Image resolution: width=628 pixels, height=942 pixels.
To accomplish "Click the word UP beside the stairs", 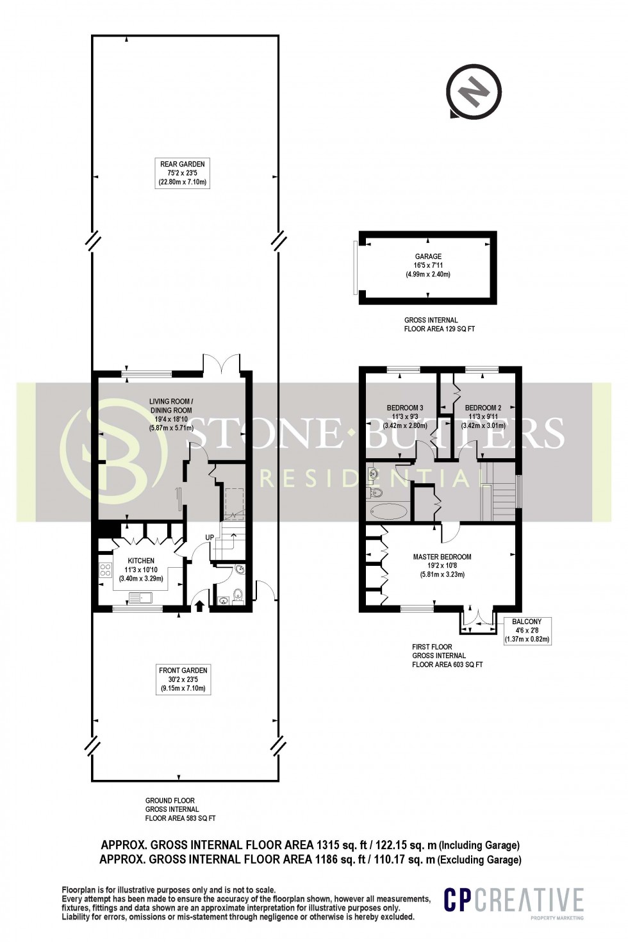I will (x=209, y=537).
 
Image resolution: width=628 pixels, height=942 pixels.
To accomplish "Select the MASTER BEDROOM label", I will (x=442, y=557).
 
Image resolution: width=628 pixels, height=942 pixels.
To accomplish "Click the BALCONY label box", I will (x=527, y=630).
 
